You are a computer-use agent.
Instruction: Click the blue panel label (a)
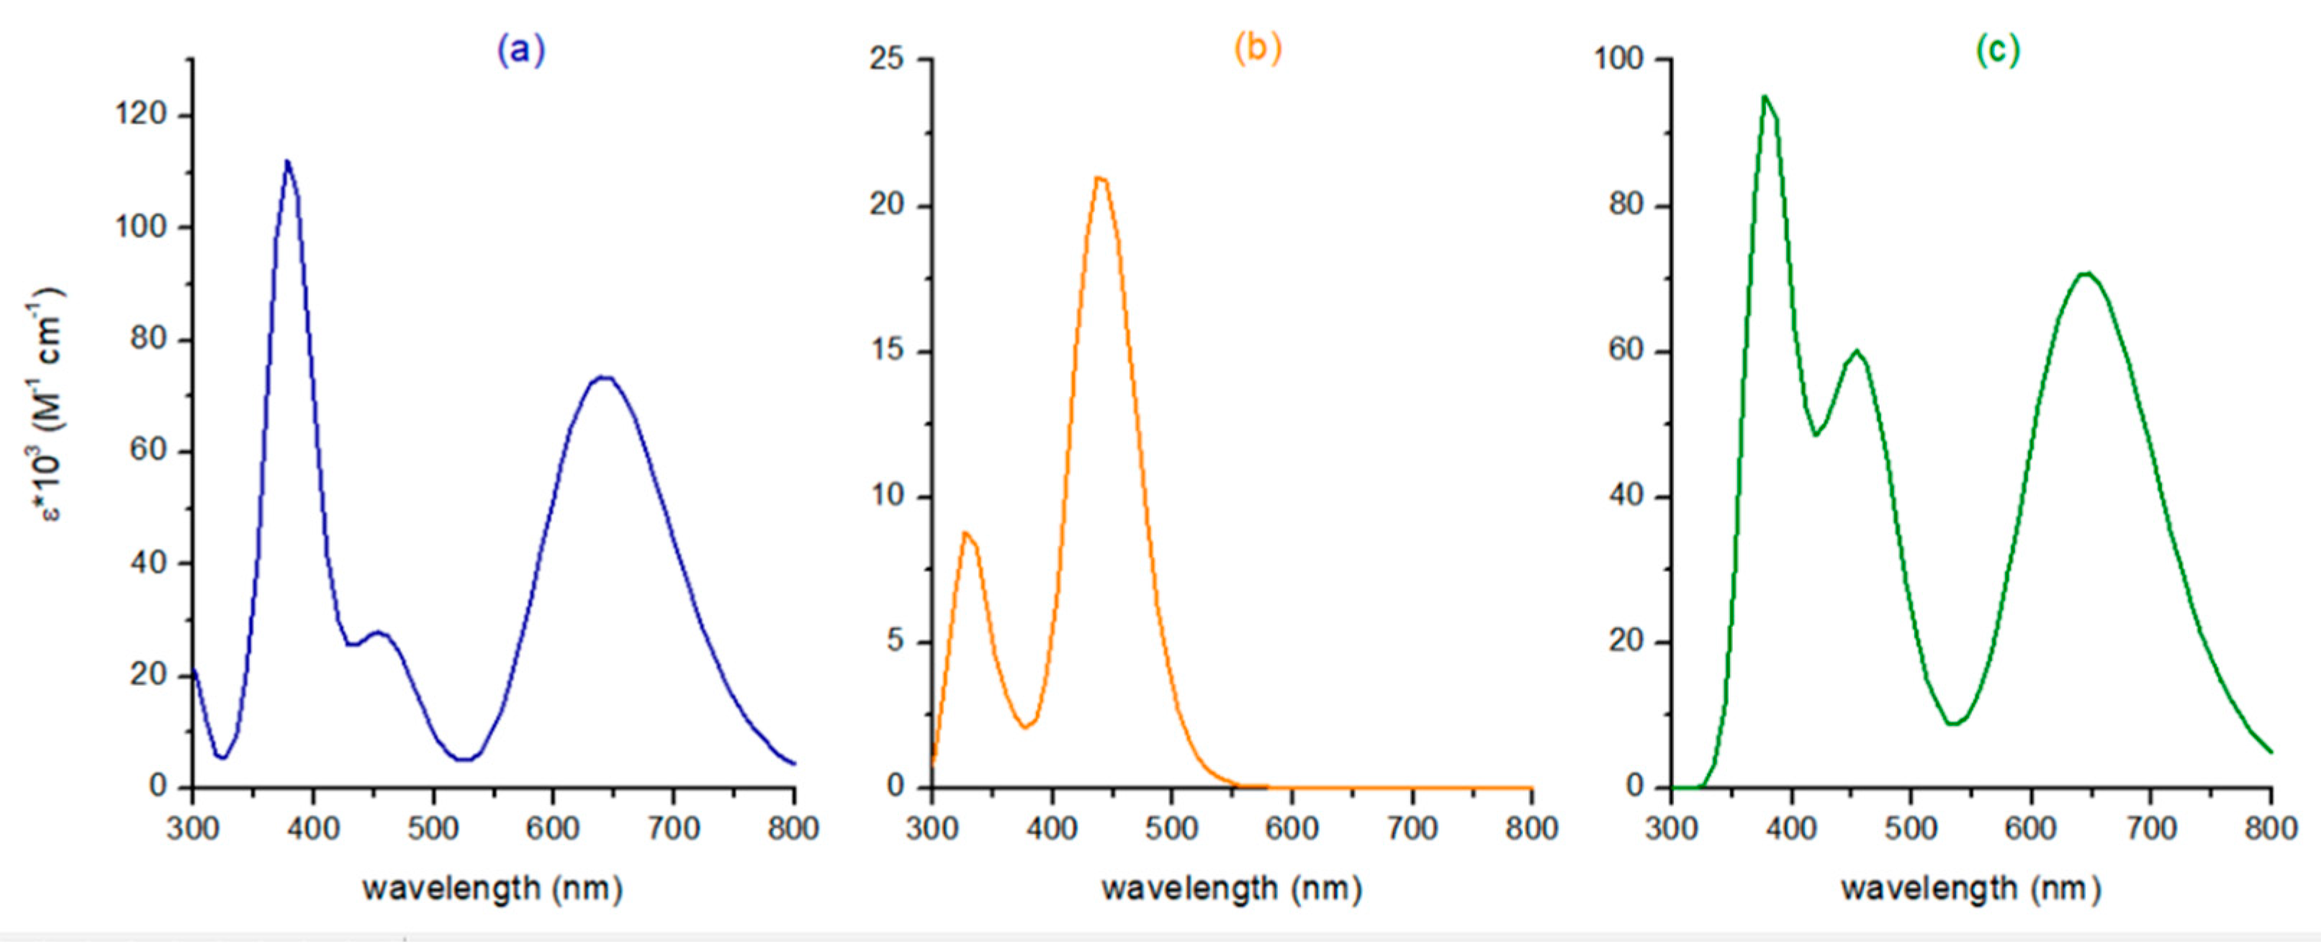[520, 50]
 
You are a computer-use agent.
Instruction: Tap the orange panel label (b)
[1257, 49]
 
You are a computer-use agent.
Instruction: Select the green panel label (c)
[1998, 50]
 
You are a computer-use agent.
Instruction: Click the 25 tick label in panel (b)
[887, 60]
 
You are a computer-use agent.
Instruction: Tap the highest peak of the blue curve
[287, 162]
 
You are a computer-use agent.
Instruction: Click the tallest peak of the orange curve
[1099, 178]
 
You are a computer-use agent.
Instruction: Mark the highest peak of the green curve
[1765, 96]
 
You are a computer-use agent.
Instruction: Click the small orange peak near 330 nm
[965, 533]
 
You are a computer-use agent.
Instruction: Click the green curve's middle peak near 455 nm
[1856, 351]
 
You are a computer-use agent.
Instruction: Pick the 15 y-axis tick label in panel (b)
[887, 350]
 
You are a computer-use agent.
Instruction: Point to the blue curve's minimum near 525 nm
[463, 759]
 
